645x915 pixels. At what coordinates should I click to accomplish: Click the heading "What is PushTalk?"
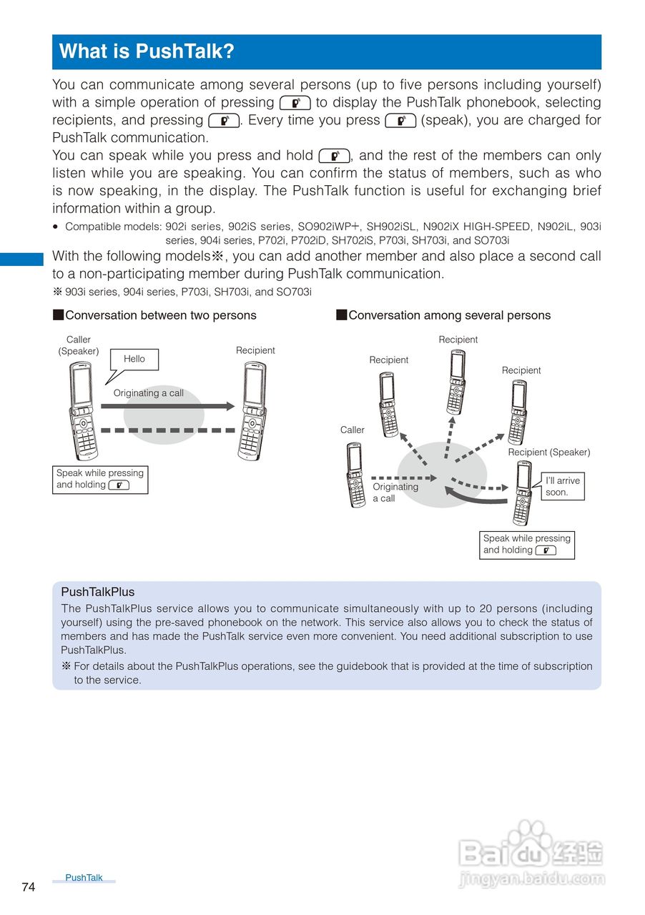click(x=147, y=52)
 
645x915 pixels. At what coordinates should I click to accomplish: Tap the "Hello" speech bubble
click(x=134, y=360)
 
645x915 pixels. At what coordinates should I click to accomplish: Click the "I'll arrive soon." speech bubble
click(x=562, y=486)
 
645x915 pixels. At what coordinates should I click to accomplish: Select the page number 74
click(x=29, y=887)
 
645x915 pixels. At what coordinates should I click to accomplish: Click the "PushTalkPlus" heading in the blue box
click(x=98, y=592)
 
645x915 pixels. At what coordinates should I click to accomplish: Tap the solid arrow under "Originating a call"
click(x=167, y=406)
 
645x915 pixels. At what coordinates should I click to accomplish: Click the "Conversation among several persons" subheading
click(x=449, y=315)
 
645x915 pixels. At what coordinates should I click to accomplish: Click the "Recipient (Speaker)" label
click(x=549, y=452)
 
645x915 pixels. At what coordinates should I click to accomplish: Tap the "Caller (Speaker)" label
click(x=79, y=345)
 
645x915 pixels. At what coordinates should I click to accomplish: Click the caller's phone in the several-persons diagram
click(x=354, y=475)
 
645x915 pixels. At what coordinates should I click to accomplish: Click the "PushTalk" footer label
click(x=84, y=878)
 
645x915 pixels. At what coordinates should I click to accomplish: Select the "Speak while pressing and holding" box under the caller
click(x=100, y=479)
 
